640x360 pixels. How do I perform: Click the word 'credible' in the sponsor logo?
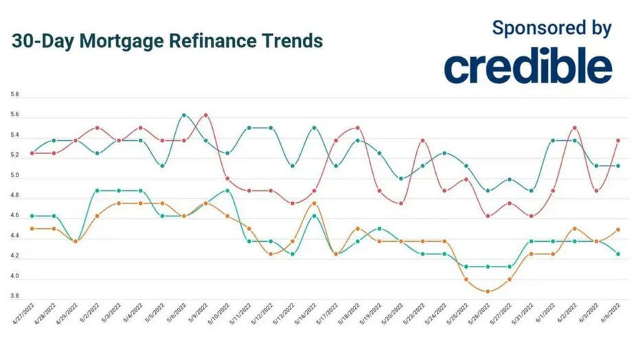coord(527,67)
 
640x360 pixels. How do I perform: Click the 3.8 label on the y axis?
coord(15,297)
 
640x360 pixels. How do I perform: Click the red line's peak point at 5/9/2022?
coord(205,115)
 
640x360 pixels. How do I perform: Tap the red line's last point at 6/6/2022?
coord(618,140)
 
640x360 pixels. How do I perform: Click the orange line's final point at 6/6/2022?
coord(618,229)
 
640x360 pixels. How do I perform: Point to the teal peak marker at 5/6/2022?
coord(183,115)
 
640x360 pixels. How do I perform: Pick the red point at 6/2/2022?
coord(575,128)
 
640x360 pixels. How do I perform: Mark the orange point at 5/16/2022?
coord(314,203)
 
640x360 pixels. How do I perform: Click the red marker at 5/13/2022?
coord(293,203)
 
